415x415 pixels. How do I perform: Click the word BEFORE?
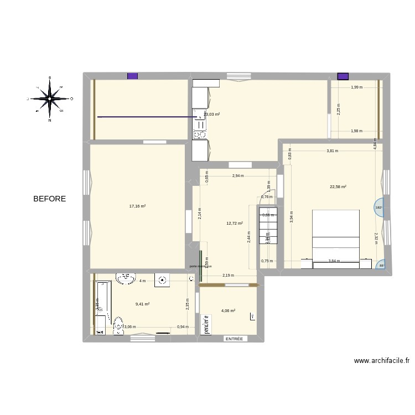[49, 199]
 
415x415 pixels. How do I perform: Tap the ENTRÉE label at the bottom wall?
[234, 339]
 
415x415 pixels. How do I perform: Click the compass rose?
[50, 98]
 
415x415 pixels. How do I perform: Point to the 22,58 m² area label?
[338, 187]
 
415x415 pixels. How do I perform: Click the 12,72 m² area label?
[235, 224]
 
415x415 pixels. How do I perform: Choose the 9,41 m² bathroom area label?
[143, 304]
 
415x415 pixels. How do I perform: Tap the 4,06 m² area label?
[228, 311]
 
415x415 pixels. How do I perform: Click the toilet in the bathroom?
[118, 325]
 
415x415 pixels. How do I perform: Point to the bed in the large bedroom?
[335, 238]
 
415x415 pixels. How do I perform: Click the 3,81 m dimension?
[332, 151]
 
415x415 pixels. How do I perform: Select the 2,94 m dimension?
[237, 176]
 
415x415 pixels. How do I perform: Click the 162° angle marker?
[378, 208]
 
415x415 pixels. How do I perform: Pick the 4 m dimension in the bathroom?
[142, 281]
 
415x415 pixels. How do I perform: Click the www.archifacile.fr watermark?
[382, 361]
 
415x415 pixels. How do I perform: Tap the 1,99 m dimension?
[357, 87]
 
